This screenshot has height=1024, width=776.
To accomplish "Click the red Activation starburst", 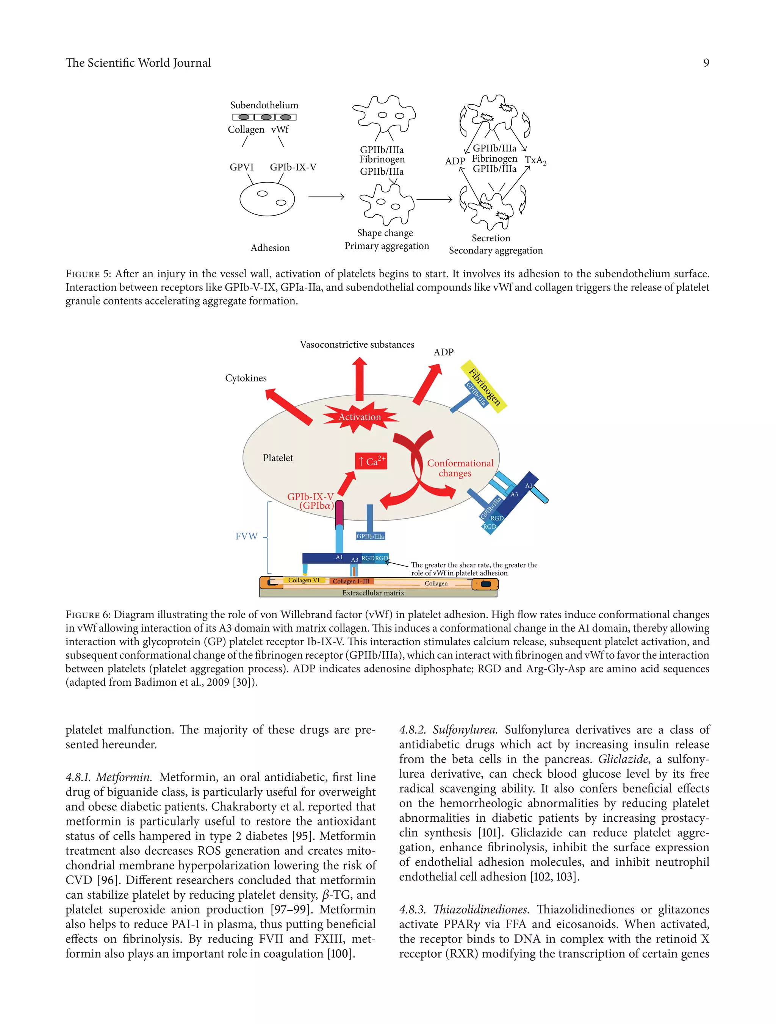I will click(360, 417).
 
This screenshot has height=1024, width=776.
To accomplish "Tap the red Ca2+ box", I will click(371, 461).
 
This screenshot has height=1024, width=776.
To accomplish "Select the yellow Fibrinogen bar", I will click(484, 386).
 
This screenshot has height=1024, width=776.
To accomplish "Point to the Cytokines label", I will click(246, 378).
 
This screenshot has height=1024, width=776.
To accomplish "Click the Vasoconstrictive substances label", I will click(357, 344).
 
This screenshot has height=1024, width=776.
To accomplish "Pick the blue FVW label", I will click(246, 536).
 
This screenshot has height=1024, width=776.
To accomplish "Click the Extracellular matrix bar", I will click(373, 593).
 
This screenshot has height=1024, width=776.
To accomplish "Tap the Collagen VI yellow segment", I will click(304, 580).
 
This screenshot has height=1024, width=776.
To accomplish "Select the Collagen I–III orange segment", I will click(351, 582).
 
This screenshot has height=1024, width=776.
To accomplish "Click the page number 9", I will click(706, 63).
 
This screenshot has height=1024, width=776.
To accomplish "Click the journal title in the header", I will click(138, 63).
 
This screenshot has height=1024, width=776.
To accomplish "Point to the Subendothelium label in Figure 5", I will click(264, 105).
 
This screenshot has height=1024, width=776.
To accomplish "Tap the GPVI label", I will click(242, 167).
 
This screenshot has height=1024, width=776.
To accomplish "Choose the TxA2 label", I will click(535, 161).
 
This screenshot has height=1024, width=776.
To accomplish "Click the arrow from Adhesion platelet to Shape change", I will click(326, 197).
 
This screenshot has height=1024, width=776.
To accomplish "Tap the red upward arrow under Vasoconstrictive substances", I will click(359, 378).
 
